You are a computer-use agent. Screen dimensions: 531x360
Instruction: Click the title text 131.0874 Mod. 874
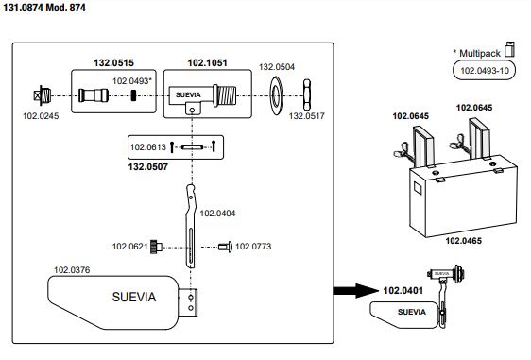point(44,8)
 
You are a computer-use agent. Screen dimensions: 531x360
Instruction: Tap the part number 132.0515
point(113,63)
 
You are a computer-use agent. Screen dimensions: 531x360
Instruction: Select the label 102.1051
point(207,63)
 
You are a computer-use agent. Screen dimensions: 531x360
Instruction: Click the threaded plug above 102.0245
point(43,95)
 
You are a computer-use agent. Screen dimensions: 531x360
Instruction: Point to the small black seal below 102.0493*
point(134,95)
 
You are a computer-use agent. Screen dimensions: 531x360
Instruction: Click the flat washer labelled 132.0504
point(276,95)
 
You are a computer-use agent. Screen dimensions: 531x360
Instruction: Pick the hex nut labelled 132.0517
point(307,94)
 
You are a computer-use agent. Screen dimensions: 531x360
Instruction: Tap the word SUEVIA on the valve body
point(188,95)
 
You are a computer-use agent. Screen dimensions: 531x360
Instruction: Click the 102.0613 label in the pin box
point(148,147)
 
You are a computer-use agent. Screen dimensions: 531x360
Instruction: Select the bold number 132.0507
point(148,166)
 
